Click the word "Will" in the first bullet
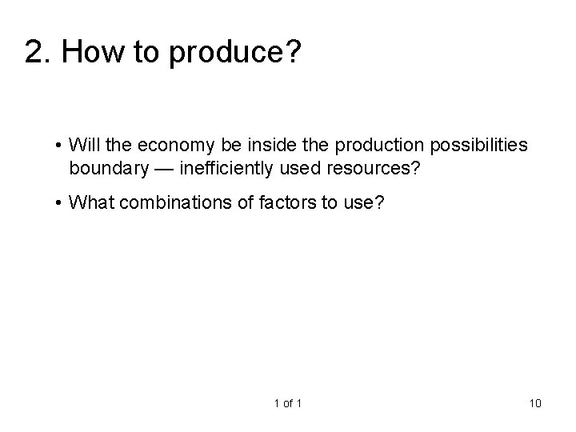(82, 145)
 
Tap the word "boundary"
(105, 169)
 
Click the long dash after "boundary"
(159, 169)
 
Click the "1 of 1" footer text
(287, 402)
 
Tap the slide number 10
(535, 402)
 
